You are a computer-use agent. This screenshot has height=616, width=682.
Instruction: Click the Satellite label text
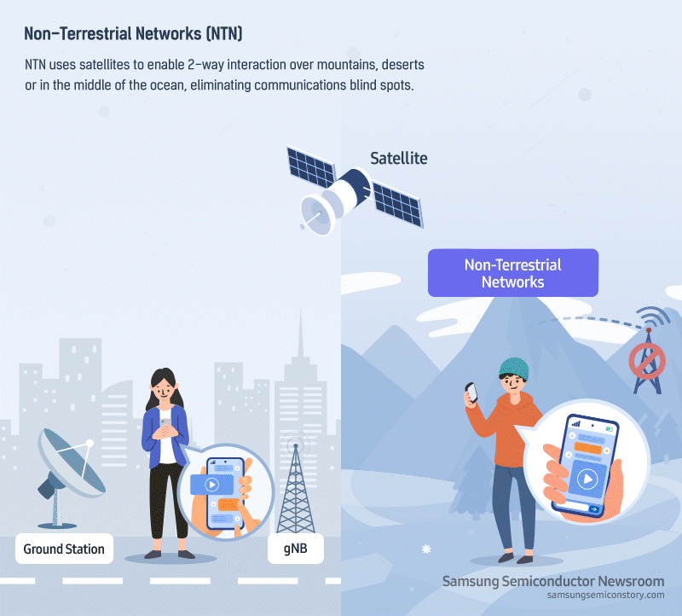[x=398, y=158]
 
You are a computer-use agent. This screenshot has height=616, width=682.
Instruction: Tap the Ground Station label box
[x=65, y=549]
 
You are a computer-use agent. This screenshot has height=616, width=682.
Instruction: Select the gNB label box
[x=295, y=549]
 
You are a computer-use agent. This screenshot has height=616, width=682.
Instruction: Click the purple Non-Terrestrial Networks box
[x=513, y=273]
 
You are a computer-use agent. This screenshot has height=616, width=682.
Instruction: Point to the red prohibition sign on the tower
[x=647, y=361]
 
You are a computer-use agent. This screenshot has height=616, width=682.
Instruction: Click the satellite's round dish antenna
[x=317, y=215]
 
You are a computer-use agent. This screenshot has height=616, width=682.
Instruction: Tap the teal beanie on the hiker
[x=514, y=369]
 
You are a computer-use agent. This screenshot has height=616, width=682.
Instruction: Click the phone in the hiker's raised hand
[x=471, y=392]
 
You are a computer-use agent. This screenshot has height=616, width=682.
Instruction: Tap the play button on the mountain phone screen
[x=587, y=479]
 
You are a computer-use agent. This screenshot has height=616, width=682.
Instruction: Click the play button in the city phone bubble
[x=211, y=484]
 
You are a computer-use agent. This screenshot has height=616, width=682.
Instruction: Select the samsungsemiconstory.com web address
[x=605, y=596]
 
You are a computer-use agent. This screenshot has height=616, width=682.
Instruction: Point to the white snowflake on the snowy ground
[x=427, y=549]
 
